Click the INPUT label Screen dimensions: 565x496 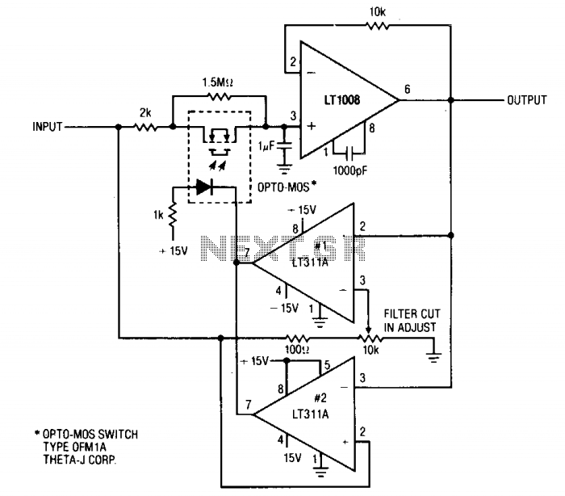click(48, 127)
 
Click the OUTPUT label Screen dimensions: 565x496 click(527, 100)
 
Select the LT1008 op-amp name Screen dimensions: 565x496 click(342, 99)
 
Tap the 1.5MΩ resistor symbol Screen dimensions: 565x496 click(219, 96)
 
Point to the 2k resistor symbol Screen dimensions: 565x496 click(145, 127)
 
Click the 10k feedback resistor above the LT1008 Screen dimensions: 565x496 click(377, 25)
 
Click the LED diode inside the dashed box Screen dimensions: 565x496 click(204, 187)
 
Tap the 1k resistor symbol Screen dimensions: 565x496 click(173, 215)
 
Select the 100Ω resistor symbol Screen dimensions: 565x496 click(298, 338)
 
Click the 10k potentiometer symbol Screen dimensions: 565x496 click(370, 338)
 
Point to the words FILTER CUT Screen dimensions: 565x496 click(412, 313)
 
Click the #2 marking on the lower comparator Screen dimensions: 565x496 click(320, 397)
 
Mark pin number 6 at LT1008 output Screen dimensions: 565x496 click(407, 89)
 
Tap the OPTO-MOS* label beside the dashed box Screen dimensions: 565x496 click(287, 187)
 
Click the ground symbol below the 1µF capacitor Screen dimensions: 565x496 click(284, 169)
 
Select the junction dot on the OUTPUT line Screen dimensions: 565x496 click(450, 100)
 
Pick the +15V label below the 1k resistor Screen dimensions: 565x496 click(174, 250)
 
